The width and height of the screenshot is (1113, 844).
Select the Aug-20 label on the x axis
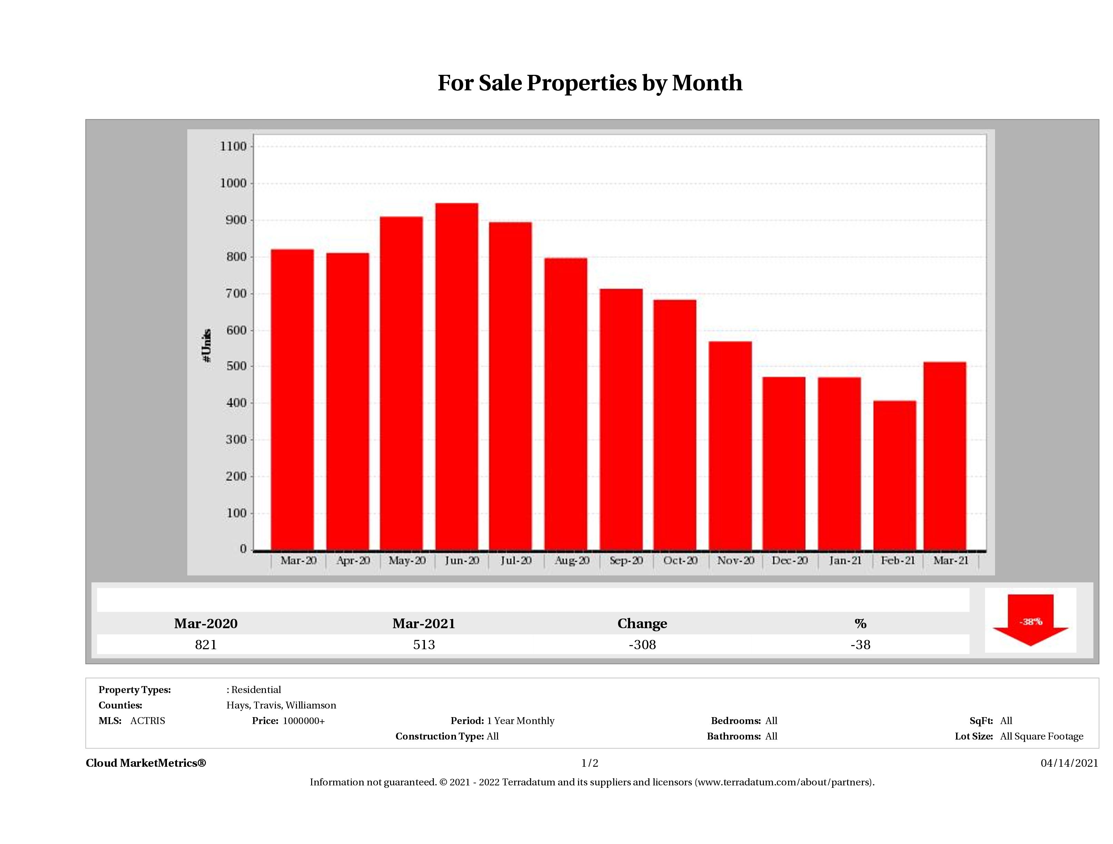pyautogui.click(x=572, y=560)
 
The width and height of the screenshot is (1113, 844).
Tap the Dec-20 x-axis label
pyautogui.click(x=789, y=560)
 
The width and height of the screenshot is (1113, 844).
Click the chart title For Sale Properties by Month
pyautogui.click(x=590, y=83)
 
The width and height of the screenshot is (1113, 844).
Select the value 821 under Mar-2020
pyautogui.click(x=206, y=645)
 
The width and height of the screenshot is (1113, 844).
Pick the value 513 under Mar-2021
pyautogui.click(x=424, y=645)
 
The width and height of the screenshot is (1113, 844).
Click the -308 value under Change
pyautogui.click(x=642, y=645)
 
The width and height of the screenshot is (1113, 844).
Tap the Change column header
pyautogui.click(x=642, y=624)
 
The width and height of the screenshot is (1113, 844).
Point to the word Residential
pyautogui.click(x=256, y=690)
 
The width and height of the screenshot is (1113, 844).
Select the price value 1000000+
pyautogui.click(x=304, y=721)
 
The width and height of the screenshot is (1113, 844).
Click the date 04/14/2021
pyautogui.click(x=1069, y=763)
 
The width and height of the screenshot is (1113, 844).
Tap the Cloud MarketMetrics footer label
pyautogui.click(x=146, y=763)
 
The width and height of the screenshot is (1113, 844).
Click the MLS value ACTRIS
pyautogui.click(x=147, y=721)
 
